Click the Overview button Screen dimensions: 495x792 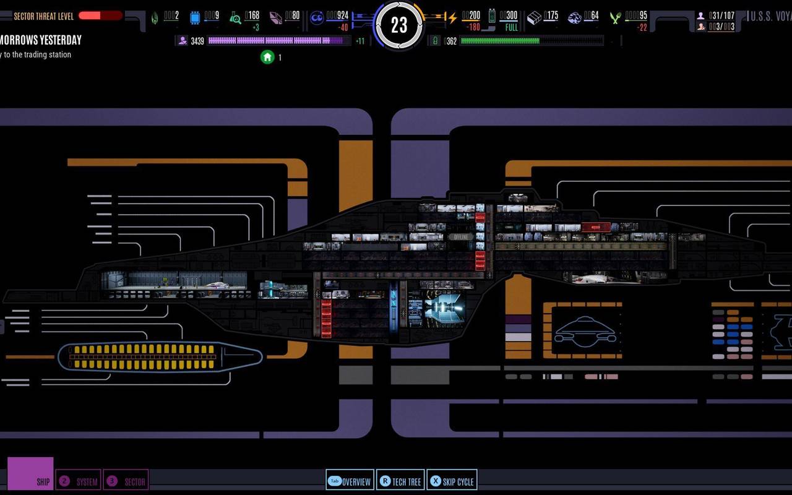pyautogui.click(x=350, y=481)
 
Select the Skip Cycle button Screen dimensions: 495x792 pyautogui.click(x=452, y=481)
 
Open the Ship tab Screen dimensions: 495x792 pyautogui.click(x=30, y=474)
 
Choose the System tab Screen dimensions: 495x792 pyautogui.click(x=79, y=481)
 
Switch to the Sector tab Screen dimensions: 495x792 pyautogui.click(x=126, y=481)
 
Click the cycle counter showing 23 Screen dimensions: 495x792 pyautogui.click(x=399, y=25)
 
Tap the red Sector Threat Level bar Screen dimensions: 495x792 pyautogui.click(x=100, y=15)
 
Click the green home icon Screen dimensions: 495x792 pyautogui.click(x=267, y=57)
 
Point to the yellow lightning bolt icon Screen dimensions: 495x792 pyautogui.click(x=452, y=18)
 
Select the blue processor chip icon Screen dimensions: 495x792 pyautogui.click(x=195, y=18)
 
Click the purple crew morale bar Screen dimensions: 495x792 pyautogui.click(x=277, y=41)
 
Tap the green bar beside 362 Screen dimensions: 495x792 pyautogui.click(x=531, y=41)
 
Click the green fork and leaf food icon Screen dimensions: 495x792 pyautogui.click(x=615, y=18)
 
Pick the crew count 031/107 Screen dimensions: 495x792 pyautogui.click(x=721, y=15)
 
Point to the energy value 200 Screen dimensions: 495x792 pyautogui.click(x=472, y=15)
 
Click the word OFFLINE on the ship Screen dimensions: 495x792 pyautogui.click(x=461, y=237)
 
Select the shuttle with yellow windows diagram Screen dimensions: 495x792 pyautogui.click(x=160, y=358)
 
